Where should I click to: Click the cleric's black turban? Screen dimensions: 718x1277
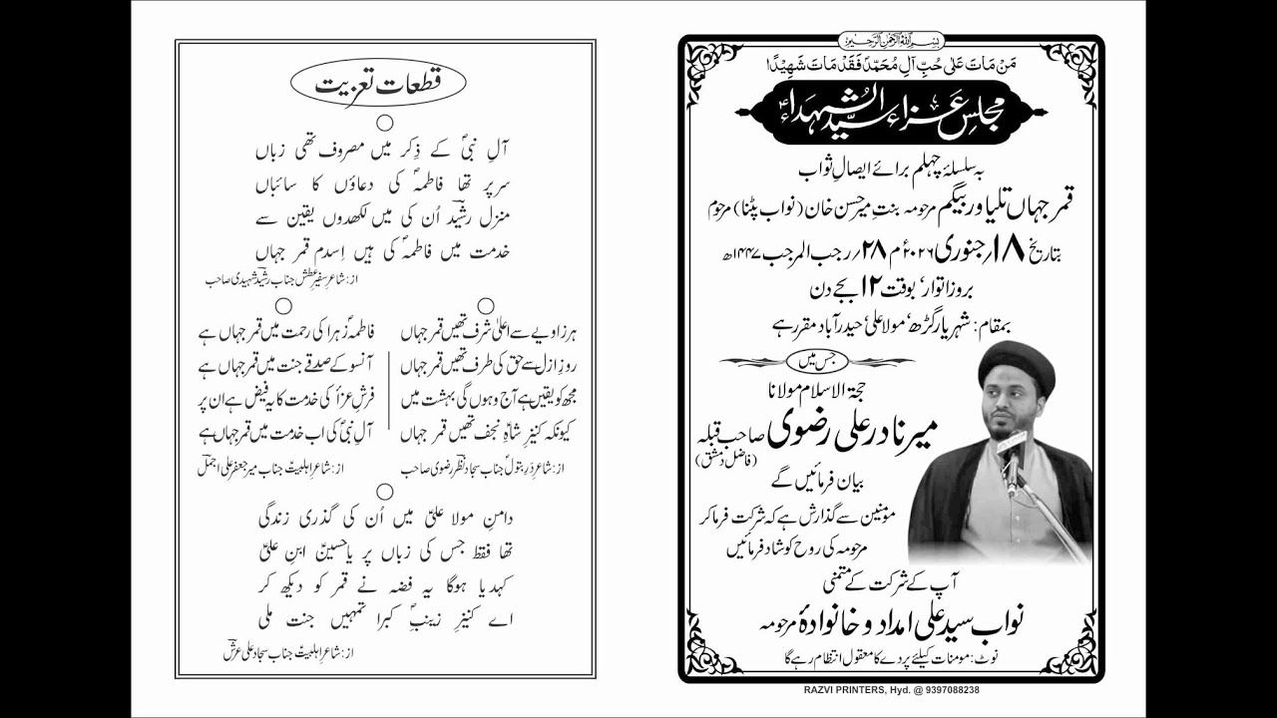pos(1016,362)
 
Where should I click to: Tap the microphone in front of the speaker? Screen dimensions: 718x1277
pos(1011,449)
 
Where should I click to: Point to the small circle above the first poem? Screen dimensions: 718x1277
pos(385,122)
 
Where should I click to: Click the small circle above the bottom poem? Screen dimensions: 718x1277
pos(384,491)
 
